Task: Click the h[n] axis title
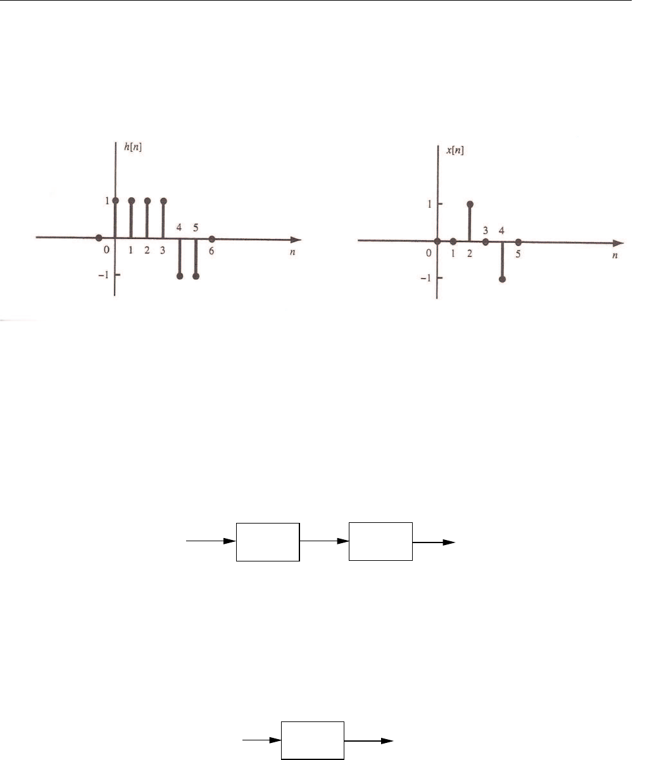(133, 147)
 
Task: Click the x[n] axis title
(455, 150)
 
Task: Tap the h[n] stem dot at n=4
(180, 276)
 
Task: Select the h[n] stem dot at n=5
(196, 276)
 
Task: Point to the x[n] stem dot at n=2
(470, 204)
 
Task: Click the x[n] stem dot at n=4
(502, 279)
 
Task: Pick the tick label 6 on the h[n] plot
(211, 251)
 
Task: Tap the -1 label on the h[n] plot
(103, 274)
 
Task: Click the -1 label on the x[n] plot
(425, 278)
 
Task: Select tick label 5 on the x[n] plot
(518, 254)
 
